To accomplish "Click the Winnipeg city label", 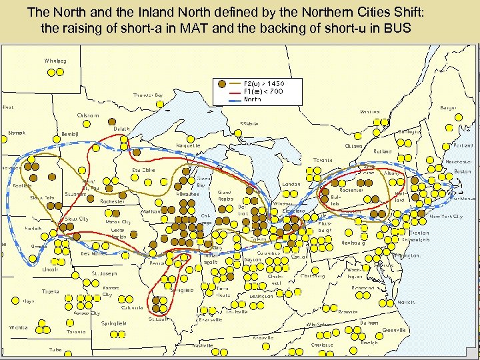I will [55, 61].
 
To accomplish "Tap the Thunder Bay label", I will [148, 95].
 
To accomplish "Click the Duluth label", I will [121, 129].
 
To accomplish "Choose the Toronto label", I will [323, 160].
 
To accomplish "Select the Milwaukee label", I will [188, 193].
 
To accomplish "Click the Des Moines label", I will [93, 253].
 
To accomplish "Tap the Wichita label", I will [18, 327].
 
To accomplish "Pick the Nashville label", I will [203, 345].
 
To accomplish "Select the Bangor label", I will [448, 107].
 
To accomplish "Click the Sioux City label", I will [76, 219].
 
